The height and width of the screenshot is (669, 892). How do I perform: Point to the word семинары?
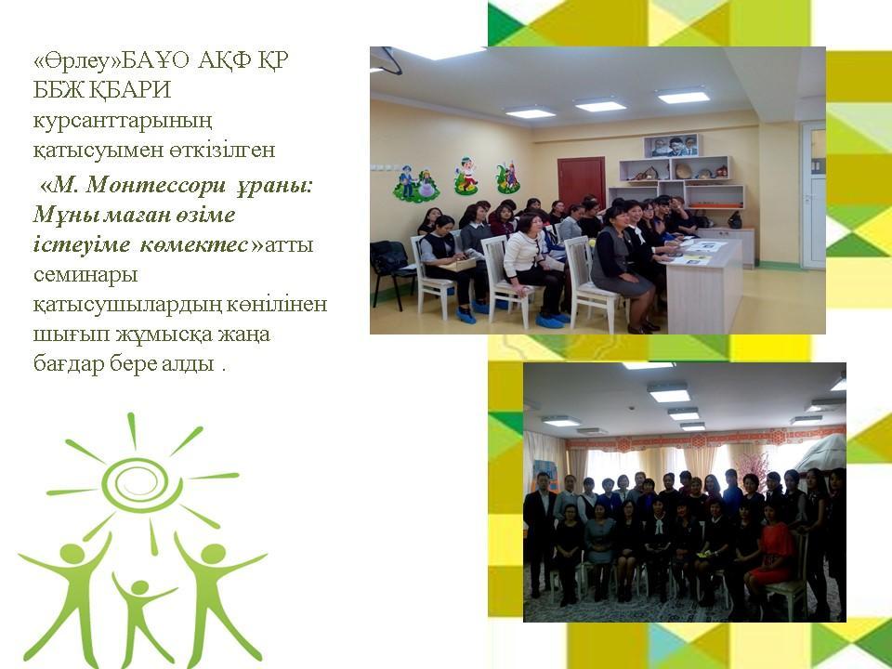click(85, 276)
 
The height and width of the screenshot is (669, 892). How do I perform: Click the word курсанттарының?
click(123, 122)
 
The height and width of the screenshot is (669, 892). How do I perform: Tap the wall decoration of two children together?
click(416, 184)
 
